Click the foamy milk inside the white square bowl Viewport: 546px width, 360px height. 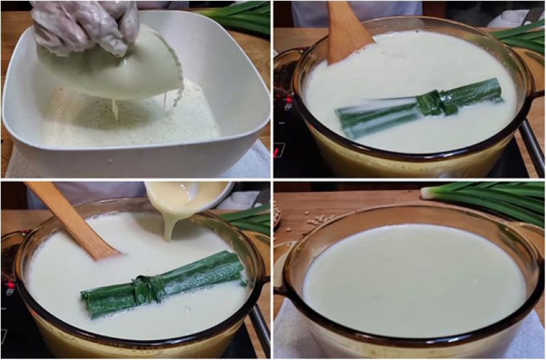130,126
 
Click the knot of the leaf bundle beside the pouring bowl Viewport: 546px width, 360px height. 147,288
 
